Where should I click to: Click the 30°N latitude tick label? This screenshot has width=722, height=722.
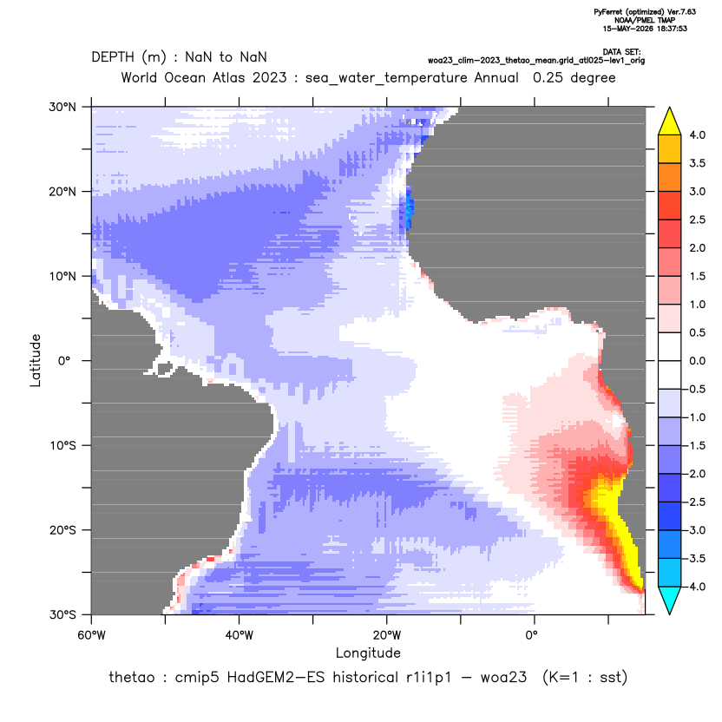click(62, 107)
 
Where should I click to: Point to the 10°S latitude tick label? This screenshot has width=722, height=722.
click(62, 446)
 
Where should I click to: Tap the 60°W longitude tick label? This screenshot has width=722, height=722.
click(91, 635)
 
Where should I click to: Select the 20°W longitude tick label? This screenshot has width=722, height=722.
click(387, 635)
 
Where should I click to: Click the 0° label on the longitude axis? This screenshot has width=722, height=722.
click(532, 635)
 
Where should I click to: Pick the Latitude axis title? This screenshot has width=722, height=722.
click(36, 360)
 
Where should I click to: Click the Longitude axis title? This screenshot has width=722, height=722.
click(368, 653)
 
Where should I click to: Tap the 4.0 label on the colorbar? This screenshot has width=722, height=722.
click(697, 135)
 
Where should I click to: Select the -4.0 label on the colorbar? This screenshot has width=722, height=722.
click(695, 587)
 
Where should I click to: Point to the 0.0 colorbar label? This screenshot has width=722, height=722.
click(697, 361)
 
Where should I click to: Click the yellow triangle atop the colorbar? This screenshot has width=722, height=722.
click(670, 121)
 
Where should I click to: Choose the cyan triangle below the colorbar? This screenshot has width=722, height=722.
click(670, 600)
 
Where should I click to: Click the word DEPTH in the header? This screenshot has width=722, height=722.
click(113, 57)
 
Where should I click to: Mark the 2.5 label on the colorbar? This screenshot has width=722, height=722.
click(697, 220)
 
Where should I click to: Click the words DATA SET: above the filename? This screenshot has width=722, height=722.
click(621, 52)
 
